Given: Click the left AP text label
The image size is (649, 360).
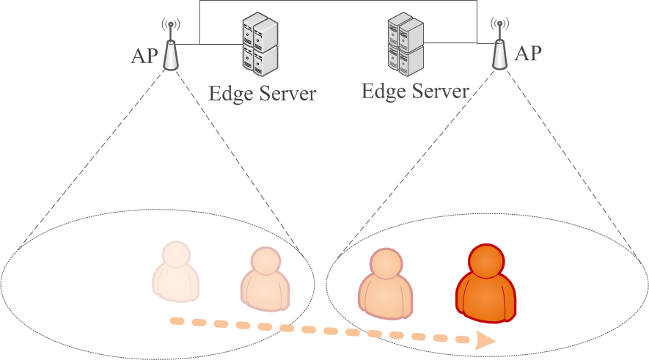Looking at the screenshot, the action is [x=144, y=56].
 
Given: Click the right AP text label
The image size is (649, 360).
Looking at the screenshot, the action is [x=528, y=54].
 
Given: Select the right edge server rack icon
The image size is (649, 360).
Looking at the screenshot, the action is [x=406, y=44].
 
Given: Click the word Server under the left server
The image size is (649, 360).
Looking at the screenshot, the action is [x=288, y=94].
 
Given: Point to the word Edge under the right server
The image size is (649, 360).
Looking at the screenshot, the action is [x=384, y=92].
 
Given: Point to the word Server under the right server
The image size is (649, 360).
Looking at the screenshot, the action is [x=441, y=92].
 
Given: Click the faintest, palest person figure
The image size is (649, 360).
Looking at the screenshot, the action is [x=176, y=271].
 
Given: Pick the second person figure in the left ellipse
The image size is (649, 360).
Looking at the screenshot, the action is [x=265, y=279].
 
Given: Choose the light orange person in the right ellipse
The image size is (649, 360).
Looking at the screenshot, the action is [x=386, y=284].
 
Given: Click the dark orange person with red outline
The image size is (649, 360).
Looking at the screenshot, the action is [x=486, y=283].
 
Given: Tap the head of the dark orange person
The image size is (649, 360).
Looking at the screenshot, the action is [x=486, y=261].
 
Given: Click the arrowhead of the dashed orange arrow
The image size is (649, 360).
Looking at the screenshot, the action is [x=485, y=340].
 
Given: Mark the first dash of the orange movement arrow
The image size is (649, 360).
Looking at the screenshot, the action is [x=177, y=321].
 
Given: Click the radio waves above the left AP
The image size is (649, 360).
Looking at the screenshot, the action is [x=171, y=24].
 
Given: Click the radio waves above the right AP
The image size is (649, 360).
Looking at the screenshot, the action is [x=499, y=23].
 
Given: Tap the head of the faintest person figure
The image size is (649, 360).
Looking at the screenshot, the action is [x=176, y=254].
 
